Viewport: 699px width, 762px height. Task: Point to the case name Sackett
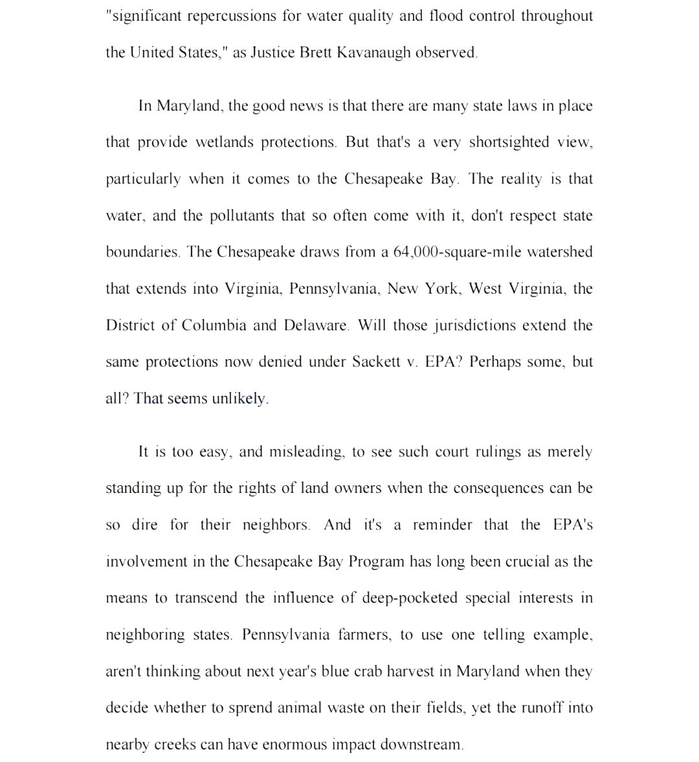coord(376,362)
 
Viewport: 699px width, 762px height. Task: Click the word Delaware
coord(316,325)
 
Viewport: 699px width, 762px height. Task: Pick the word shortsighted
coord(508,142)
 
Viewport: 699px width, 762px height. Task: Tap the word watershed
coord(560,252)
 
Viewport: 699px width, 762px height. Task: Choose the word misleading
coord(307,452)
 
